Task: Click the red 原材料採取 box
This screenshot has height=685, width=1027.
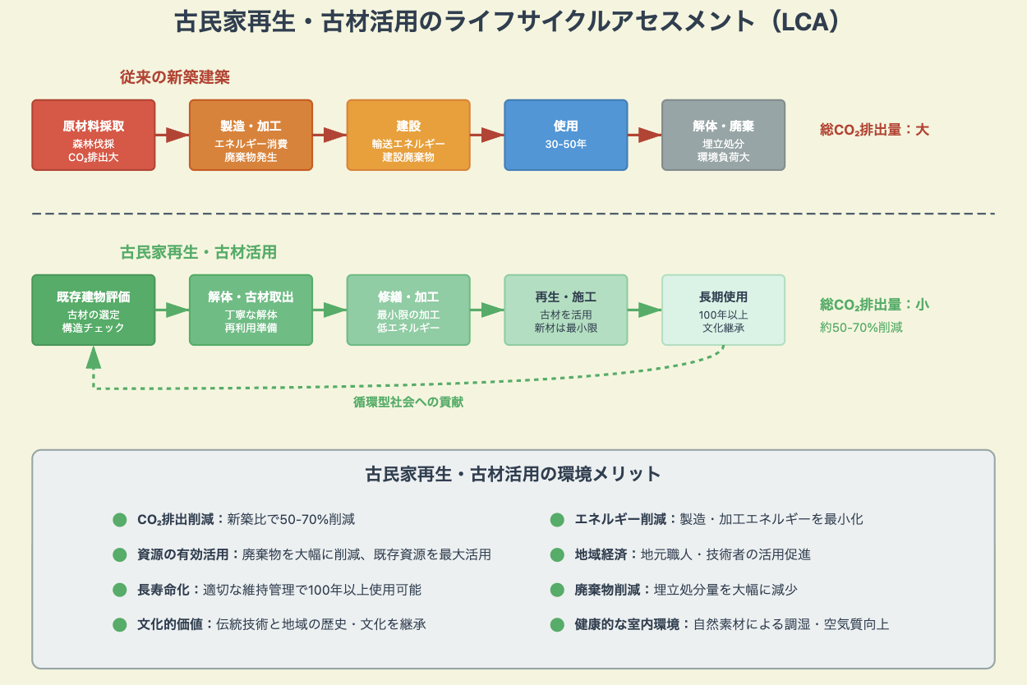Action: (93, 135)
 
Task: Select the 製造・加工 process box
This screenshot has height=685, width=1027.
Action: (251, 135)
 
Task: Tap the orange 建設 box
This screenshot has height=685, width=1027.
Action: (408, 135)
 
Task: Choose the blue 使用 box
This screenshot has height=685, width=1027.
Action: (565, 135)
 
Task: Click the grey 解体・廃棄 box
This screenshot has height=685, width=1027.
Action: (723, 135)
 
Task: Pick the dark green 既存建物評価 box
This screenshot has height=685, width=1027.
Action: (93, 310)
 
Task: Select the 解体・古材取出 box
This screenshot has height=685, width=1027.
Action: (251, 310)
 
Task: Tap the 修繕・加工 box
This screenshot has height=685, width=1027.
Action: (408, 310)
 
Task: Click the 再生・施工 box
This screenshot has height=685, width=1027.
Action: (565, 310)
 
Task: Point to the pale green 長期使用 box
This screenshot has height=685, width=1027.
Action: (723, 310)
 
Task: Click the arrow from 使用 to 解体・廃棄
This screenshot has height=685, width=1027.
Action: (645, 135)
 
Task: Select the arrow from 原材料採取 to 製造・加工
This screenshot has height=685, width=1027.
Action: (172, 135)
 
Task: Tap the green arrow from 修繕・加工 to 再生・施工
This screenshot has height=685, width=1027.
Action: (487, 310)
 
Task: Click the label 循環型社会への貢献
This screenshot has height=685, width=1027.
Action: (408, 402)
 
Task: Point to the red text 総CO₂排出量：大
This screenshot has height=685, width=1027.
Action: (874, 129)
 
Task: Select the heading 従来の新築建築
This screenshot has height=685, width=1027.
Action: (175, 77)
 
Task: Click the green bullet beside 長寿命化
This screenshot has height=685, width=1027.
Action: (120, 590)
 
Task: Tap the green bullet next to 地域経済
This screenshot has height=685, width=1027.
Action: (557, 554)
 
